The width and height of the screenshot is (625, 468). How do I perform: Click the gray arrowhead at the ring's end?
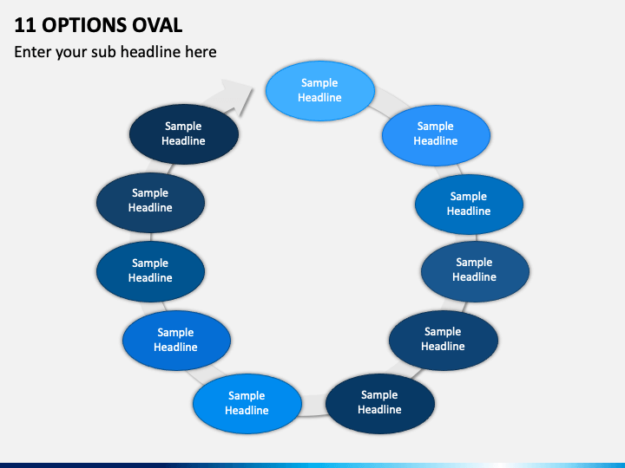pyautogui.click(x=237, y=95)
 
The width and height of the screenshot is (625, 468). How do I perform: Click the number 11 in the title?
pyautogui.click(x=24, y=25)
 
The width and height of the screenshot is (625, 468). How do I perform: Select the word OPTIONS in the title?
pyautogui.click(x=84, y=25)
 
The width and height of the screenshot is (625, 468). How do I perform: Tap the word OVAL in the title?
pyautogui.click(x=157, y=25)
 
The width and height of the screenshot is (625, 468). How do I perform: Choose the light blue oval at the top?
pyautogui.click(x=320, y=91)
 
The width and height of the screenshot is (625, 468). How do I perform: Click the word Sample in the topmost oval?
pyautogui.click(x=319, y=83)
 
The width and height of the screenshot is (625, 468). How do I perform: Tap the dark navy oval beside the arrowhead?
pyautogui.click(x=184, y=134)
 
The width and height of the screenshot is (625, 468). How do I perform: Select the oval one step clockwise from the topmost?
pyautogui.click(x=436, y=135)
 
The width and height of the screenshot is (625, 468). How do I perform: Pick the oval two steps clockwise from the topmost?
pyautogui.click(x=469, y=205)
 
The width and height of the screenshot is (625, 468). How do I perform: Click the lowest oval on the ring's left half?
pyautogui.click(x=247, y=404)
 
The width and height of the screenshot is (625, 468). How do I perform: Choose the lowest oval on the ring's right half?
pyautogui.click(x=380, y=404)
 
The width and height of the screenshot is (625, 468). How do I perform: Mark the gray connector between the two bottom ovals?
pyautogui.click(x=313, y=406)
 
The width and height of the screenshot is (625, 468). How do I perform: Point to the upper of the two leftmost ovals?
pyautogui.click(x=150, y=203)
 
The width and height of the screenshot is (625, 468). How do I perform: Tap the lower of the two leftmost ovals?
pyautogui.click(x=150, y=271)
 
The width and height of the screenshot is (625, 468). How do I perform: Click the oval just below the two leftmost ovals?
pyautogui.click(x=176, y=341)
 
